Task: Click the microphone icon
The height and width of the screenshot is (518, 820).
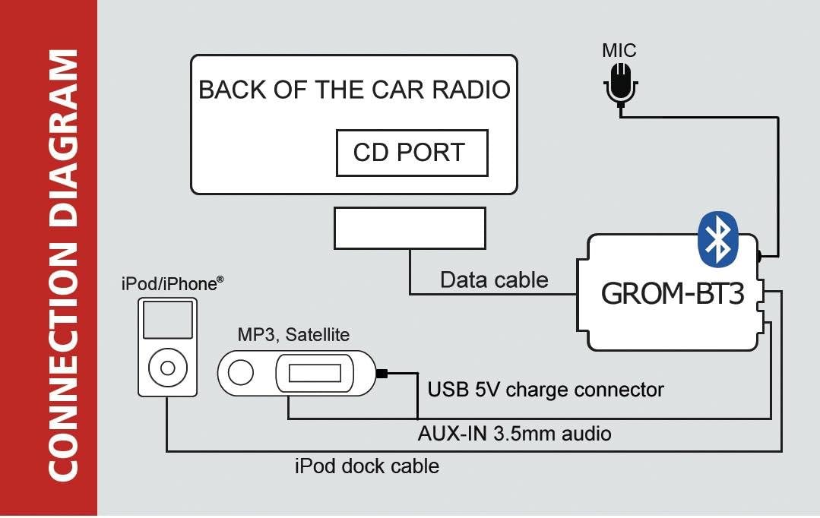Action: pos(619,84)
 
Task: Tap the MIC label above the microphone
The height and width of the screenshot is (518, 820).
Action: pos(619,52)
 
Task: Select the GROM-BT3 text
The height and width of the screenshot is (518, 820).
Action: pos(673,293)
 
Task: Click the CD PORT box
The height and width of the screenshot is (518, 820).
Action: pos(411,153)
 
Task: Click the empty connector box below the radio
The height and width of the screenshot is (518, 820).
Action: pos(410,229)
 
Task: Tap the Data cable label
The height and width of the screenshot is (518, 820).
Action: pos(494,280)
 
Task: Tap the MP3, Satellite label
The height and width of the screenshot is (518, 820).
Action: pos(293,334)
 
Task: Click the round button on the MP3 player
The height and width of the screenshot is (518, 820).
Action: pos(242,373)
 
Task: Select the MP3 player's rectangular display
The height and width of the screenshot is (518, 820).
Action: pos(315,373)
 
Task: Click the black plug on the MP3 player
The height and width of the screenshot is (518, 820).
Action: pos(382,373)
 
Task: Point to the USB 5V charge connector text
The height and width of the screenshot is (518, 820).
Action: pos(546,390)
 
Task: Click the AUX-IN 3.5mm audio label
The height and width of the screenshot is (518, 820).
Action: pos(514,434)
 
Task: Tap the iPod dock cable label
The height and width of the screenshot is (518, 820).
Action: pos(366,465)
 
